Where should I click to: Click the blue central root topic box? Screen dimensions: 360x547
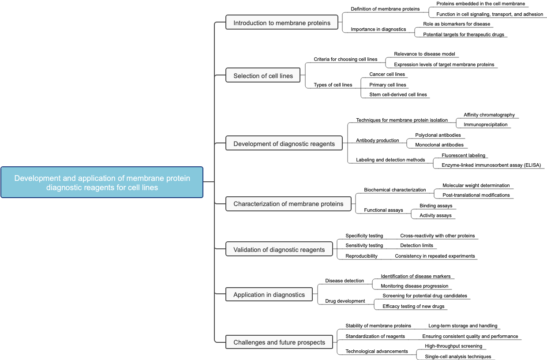[102, 182]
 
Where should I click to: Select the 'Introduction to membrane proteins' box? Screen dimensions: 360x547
[282, 23]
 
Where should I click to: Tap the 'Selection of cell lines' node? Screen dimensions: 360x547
[263, 76]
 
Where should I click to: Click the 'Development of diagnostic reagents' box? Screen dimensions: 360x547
[284, 144]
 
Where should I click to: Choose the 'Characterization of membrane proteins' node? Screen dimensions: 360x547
[288, 204]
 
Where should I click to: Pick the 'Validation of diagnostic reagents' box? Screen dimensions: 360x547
[279, 250]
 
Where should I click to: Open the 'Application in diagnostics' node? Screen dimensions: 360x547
[269, 295]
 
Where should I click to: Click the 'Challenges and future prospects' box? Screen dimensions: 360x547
[279, 342]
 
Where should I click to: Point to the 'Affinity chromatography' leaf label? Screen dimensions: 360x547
[489, 115]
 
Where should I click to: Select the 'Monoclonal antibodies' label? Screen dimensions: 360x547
[439, 145]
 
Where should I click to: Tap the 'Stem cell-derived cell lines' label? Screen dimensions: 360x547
[398, 94]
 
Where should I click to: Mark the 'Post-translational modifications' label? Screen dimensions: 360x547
[476, 195]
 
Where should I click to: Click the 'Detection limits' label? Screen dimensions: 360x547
[416, 245]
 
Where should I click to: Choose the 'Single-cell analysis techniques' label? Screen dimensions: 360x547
[457, 356]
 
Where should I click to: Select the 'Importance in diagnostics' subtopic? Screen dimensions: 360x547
[378, 29]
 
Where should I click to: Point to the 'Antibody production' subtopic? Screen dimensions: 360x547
[377, 140]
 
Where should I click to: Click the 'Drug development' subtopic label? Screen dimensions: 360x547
[345, 301]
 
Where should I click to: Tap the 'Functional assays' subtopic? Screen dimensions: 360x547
[383, 210]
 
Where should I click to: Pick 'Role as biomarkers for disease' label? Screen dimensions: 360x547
[456, 24]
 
